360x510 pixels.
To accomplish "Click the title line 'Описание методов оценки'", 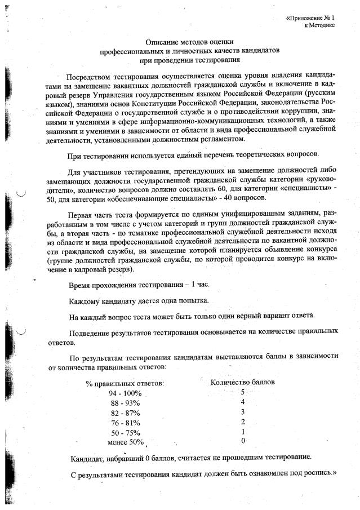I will point(189,42).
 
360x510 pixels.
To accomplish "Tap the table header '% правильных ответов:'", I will point(125,383).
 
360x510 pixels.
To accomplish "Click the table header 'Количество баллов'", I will point(242,382).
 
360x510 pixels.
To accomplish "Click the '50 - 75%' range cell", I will point(125,433).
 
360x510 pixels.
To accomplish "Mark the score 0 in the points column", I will point(242,440).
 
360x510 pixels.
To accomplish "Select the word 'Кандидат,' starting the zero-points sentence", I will point(87,457).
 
